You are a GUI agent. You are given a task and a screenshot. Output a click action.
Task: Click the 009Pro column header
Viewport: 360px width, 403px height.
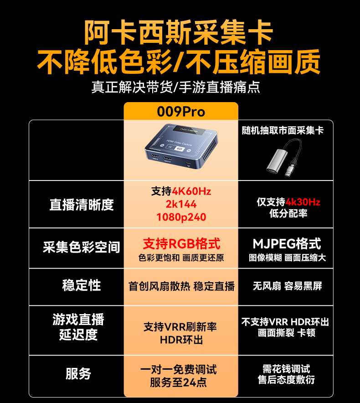(181, 112)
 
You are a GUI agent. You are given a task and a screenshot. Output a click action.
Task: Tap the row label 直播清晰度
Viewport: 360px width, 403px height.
(82, 205)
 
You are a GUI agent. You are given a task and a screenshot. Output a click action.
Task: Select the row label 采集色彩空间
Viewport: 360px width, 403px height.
(82, 247)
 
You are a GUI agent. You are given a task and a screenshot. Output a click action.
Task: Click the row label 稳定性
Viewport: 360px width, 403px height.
(82, 285)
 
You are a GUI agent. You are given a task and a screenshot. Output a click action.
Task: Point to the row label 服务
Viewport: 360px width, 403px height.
(78, 373)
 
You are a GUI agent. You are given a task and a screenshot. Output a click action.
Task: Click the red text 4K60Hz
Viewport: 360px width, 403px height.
(191, 191)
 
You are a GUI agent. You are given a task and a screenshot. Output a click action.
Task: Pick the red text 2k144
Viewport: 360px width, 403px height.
(181, 204)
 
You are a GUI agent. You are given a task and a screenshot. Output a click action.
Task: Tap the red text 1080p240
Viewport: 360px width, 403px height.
(181, 217)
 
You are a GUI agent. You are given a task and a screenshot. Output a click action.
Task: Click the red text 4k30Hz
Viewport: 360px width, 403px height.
(303, 202)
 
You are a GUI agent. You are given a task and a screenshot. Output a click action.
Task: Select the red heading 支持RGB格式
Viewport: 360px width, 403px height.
(181, 243)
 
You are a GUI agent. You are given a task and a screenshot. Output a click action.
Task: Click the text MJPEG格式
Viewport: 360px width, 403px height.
(287, 243)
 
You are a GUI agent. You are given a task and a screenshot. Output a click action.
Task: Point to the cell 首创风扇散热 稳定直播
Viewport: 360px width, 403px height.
(181, 286)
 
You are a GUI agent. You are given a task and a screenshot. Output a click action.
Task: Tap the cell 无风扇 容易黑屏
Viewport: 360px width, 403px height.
(287, 286)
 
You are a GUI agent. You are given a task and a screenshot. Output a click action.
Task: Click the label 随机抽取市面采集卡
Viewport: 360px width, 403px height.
(283, 130)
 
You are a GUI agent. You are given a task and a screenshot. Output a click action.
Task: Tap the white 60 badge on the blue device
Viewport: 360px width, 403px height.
(180, 149)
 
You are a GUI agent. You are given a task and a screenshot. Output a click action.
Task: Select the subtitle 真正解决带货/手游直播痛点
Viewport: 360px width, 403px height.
(176, 87)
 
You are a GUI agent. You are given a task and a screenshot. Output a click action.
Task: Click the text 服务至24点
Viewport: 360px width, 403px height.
(178, 382)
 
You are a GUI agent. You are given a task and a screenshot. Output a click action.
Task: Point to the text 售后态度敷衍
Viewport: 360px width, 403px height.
(286, 380)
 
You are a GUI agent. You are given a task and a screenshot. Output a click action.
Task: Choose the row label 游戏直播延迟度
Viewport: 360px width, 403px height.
(78, 327)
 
